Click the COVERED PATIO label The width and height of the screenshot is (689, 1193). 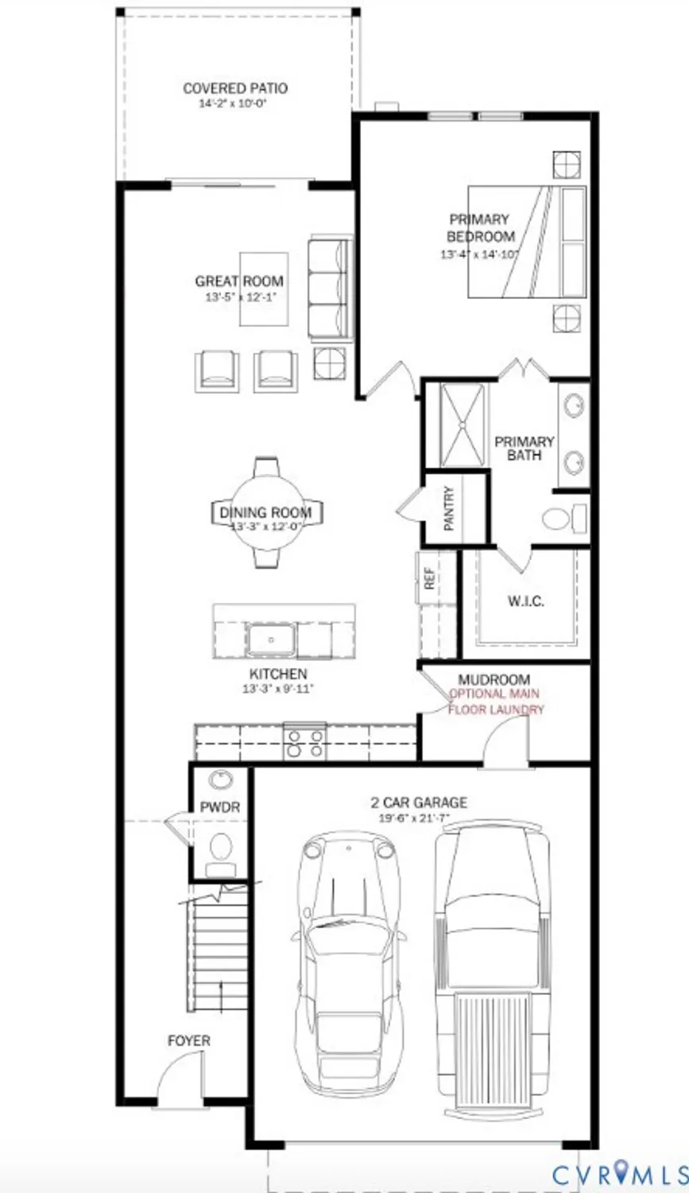point(235,88)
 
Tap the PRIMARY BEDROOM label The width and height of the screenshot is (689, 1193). point(480,227)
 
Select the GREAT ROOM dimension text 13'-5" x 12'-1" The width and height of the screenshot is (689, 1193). point(239,297)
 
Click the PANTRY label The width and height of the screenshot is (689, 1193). point(449,508)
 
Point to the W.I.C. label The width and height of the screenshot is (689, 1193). point(525,601)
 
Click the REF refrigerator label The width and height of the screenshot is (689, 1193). point(430,578)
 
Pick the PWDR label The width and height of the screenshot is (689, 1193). point(219,807)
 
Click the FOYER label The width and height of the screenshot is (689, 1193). point(189,1040)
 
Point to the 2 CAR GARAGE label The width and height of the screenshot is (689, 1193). point(419,802)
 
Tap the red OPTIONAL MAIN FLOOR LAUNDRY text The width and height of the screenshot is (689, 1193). point(496,701)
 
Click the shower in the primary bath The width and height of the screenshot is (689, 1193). point(462,426)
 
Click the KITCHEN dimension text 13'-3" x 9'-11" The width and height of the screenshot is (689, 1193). point(277,690)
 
